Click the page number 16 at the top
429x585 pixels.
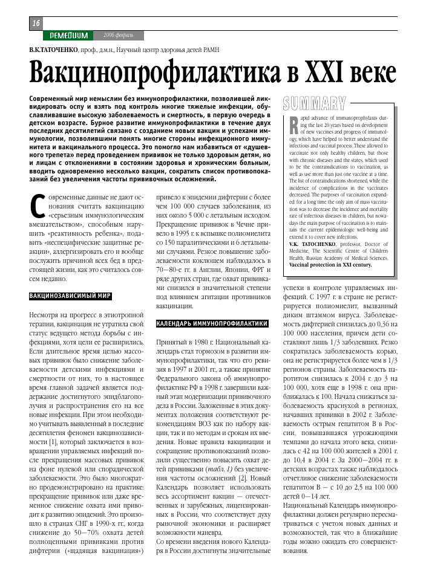(36, 22)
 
